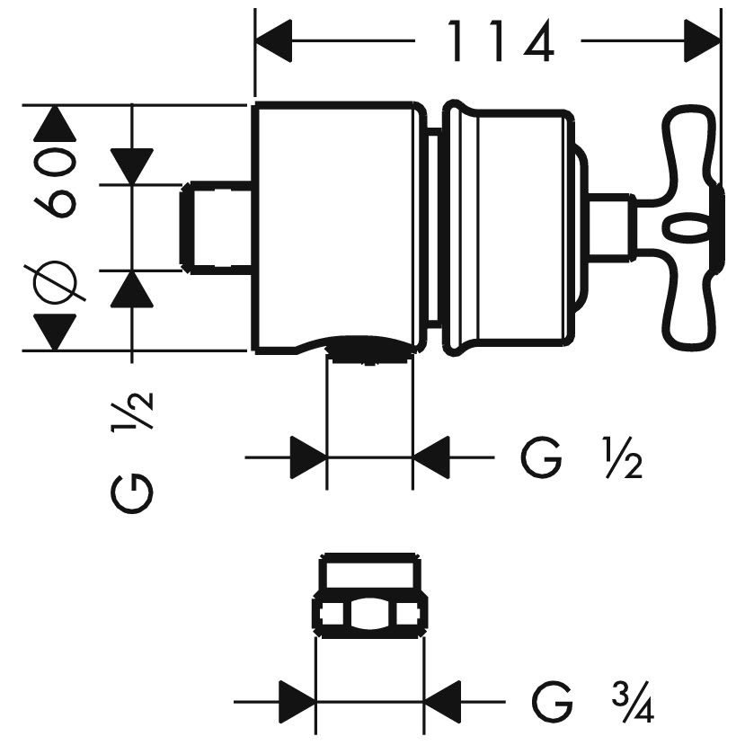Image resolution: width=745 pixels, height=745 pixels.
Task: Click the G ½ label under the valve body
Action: pyautogui.click(x=580, y=460)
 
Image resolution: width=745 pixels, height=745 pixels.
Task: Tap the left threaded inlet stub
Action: pyautogui.click(x=220, y=226)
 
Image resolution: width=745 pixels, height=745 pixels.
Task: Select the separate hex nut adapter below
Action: pyautogui.click(x=368, y=599)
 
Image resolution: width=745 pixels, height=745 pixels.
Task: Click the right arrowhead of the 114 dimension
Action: pyautogui.click(x=703, y=40)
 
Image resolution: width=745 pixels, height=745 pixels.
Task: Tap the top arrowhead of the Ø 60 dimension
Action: pyautogui.click(x=53, y=122)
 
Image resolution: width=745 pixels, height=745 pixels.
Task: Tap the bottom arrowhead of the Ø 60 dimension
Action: pyautogui.click(x=53, y=333)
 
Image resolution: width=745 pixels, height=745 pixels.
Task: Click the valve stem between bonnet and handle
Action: pyautogui.click(x=612, y=225)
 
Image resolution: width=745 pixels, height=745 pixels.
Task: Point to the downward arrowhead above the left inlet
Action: pyautogui.click(x=133, y=165)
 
